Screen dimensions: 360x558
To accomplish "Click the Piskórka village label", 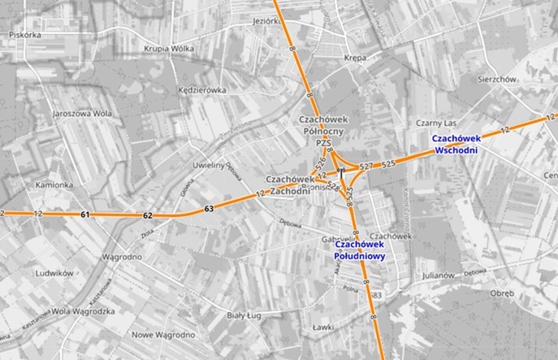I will click(23, 35).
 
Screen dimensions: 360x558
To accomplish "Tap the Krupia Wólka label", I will click(169, 49).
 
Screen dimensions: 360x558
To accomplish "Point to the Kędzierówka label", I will click(202, 90).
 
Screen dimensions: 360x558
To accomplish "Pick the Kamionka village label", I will click(54, 185).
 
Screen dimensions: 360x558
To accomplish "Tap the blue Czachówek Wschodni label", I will click(457, 144).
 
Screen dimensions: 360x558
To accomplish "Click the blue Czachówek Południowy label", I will click(359, 249).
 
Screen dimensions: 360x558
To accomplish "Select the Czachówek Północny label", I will click(323, 124).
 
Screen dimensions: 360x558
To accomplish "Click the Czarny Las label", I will click(433, 122).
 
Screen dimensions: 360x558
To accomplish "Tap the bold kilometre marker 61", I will click(86, 215).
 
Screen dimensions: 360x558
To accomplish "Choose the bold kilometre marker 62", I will click(147, 215).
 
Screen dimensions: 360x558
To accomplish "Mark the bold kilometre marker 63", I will click(209, 209).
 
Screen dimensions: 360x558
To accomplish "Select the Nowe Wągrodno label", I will click(162, 334).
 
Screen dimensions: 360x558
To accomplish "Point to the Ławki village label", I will click(324, 327).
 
